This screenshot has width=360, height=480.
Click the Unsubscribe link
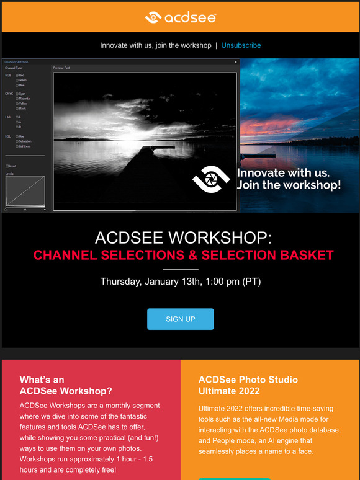[x=241, y=45]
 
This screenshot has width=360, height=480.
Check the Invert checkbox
[x=7, y=166]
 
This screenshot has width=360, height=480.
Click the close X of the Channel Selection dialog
[x=236, y=62]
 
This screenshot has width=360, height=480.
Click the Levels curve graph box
[x=25, y=192]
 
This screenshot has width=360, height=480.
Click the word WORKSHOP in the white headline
[x=220, y=238]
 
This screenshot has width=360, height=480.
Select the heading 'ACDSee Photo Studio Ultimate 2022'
[x=248, y=385]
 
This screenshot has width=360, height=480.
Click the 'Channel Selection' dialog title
[x=16, y=62]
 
